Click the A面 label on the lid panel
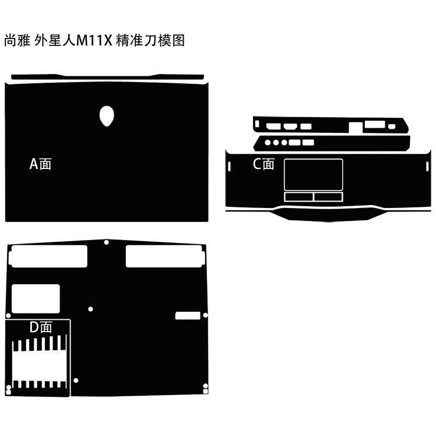(x=41, y=164)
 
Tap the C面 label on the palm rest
(x=263, y=164)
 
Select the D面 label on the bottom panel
(x=41, y=327)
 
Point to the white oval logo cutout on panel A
(x=107, y=116)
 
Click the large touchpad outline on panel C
(x=314, y=174)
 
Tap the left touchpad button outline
(x=298, y=196)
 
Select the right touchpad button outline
(x=329, y=196)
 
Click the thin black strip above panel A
(x=107, y=76)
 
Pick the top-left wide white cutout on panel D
(x=48, y=256)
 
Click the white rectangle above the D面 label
(x=36, y=299)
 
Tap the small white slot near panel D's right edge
(x=188, y=316)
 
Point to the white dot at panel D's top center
(x=106, y=242)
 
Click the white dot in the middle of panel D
(x=90, y=309)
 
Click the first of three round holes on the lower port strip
(x=268, y=142)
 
